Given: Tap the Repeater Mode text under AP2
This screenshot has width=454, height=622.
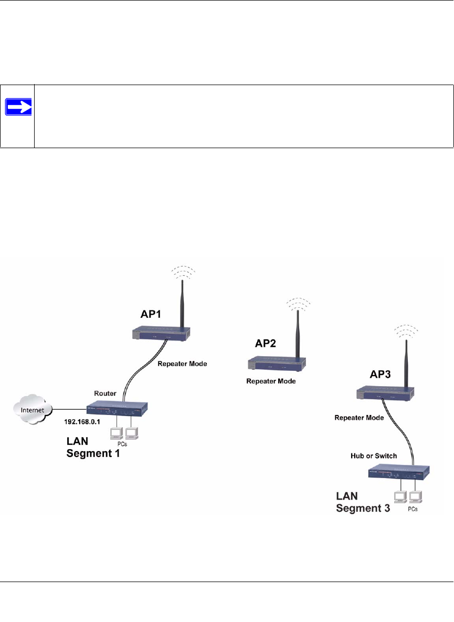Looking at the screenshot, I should click(271, 381).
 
